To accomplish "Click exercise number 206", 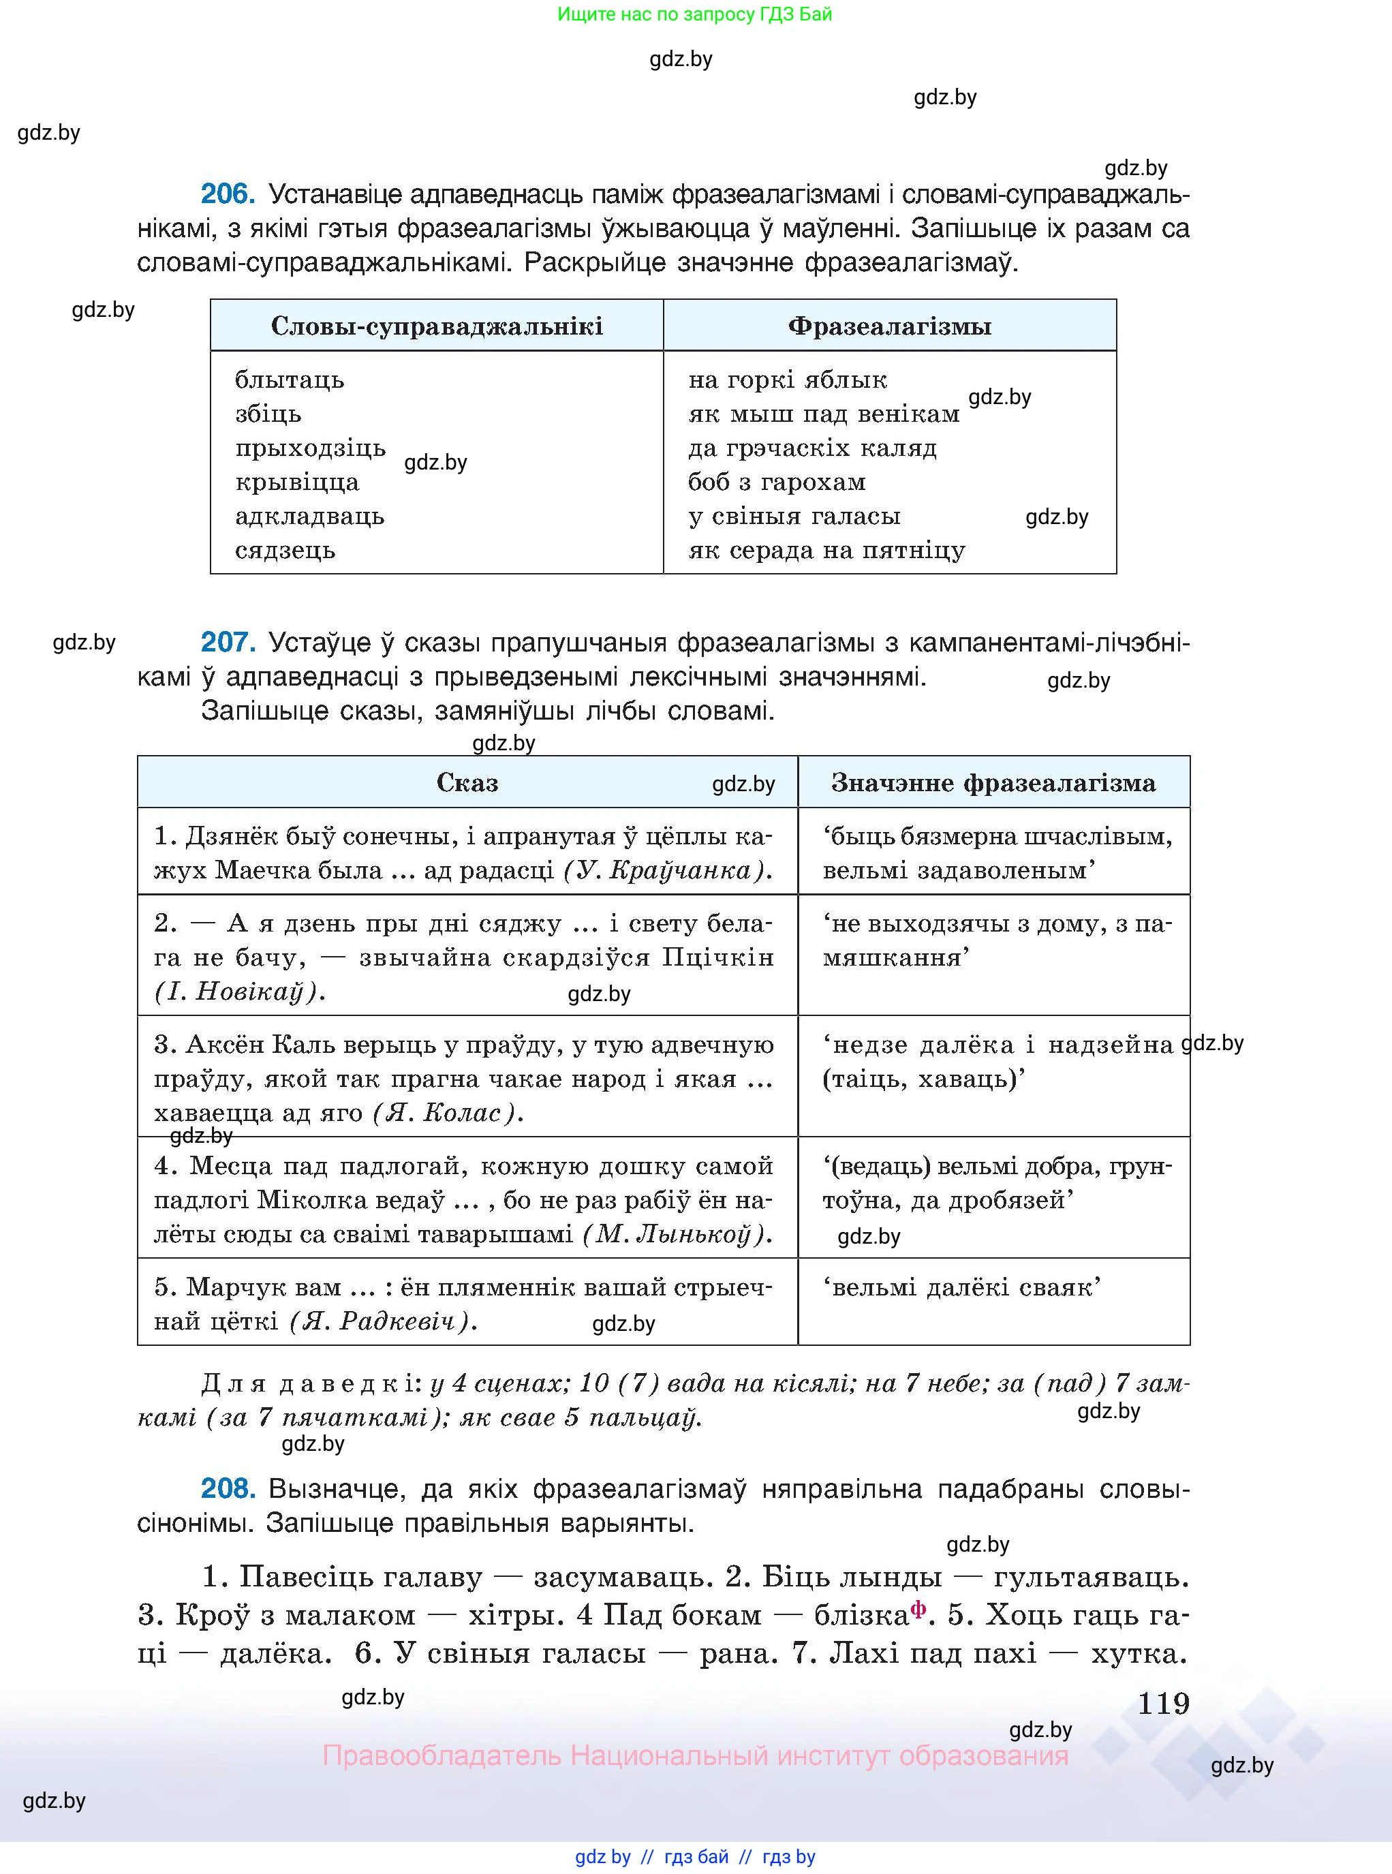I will [x=228, y=195].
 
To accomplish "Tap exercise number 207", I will [x=228, y=643].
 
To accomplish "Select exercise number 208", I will [x=228, y=1489].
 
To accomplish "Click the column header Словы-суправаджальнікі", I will [x=437, y=326].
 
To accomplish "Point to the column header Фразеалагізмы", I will [x=889, y=326].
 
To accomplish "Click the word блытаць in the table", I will [x=289, y=380].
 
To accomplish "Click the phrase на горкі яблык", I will [x=787, y=380].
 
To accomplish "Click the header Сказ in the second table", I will [x=467, y=783].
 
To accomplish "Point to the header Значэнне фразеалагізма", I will [x=993, y=783].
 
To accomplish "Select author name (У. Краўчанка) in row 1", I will [x=667, y=870].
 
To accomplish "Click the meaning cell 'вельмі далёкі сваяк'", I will [x=961, y=1287].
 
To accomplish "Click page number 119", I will [x=1163, y=1704].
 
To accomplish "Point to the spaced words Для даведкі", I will [x=310, y=1383].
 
